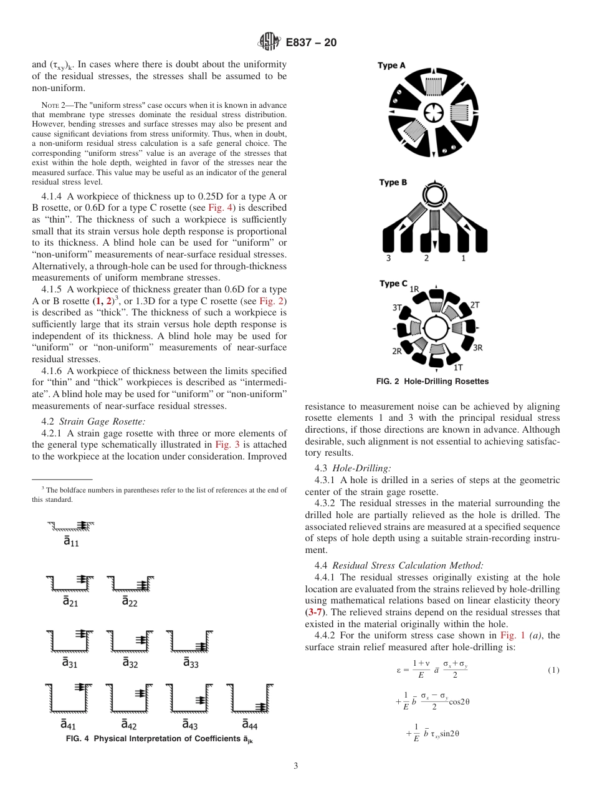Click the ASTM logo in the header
click(x=269, y=42)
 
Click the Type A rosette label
click(x=391, y=65)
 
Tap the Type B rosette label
click(x=393, y=183)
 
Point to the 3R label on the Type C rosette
click(x=478, y=347)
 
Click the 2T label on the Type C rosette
click(x=474, y=304)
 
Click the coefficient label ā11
click(x=70, y=542)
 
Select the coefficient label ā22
click(x=129, y=602)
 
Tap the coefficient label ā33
click(x=190, y=663)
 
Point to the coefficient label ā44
click(x=249, y=724)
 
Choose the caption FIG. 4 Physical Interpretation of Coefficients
click(x=159, y=739)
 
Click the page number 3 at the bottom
click(x=295, y=766)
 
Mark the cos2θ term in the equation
click(x=459, y=701)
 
